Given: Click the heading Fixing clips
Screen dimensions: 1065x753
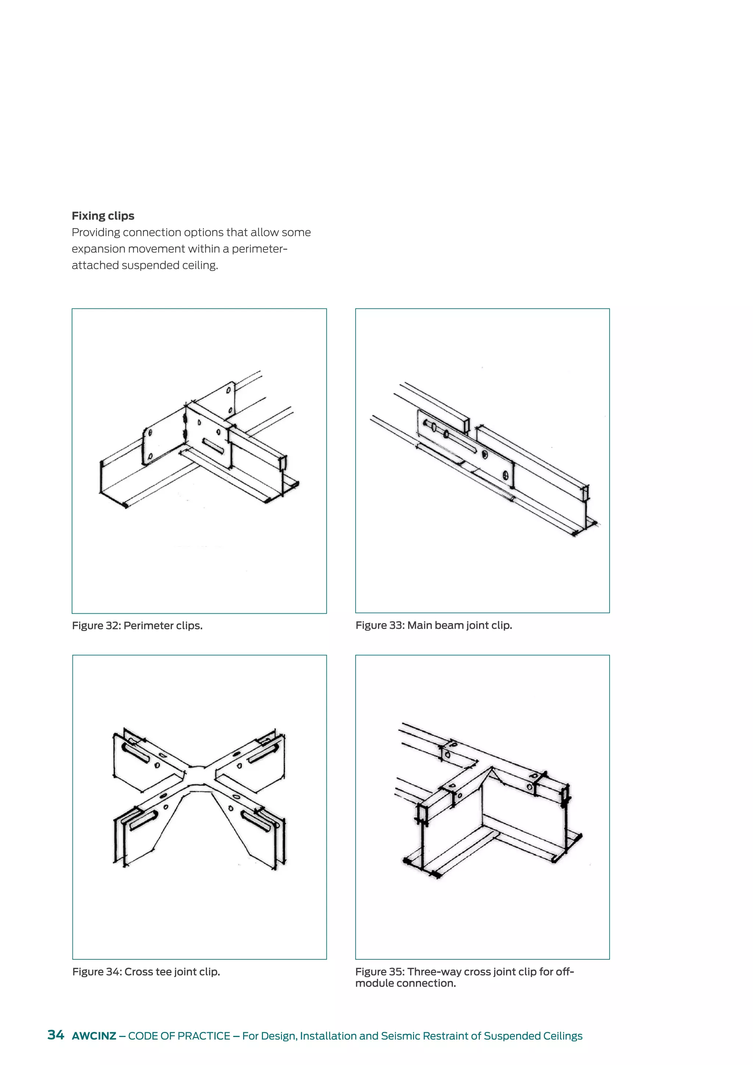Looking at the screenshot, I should point(103,216).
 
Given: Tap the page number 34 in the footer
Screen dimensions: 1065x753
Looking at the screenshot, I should point(56,1035).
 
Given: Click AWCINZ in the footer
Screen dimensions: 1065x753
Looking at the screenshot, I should point(94,1036).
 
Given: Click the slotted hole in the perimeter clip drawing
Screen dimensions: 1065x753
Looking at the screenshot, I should point(213,446).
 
